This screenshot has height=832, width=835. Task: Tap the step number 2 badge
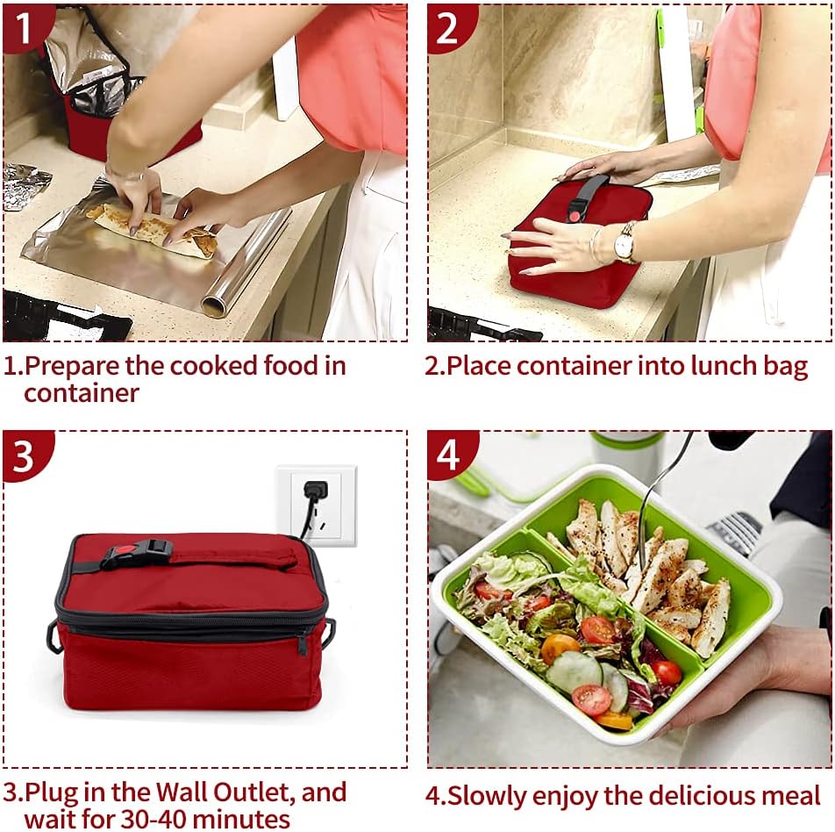tap(447, 27)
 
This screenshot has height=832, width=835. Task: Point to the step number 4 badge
tap(448, 455)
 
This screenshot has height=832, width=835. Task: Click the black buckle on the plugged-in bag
tap(136, 554)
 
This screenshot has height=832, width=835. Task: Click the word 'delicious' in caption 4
tap(681, 795)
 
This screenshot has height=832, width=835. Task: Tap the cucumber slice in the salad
tap(575, 672)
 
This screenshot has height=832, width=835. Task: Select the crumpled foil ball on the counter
tap(25, 186)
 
